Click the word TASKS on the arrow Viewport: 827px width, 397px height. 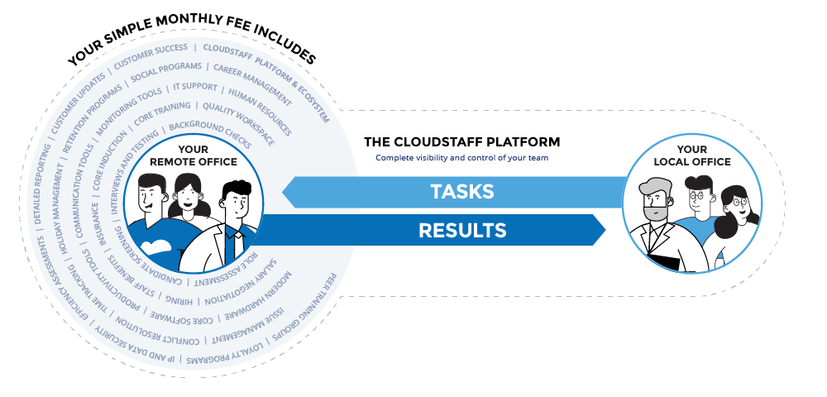(461, 192)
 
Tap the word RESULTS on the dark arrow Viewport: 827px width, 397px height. (462, 230)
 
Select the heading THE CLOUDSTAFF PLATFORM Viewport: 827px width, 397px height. (461, 142)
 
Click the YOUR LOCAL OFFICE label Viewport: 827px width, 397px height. (693, 156)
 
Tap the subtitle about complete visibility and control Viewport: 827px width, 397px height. (461, 157)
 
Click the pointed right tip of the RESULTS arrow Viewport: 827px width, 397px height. (605, 230)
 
